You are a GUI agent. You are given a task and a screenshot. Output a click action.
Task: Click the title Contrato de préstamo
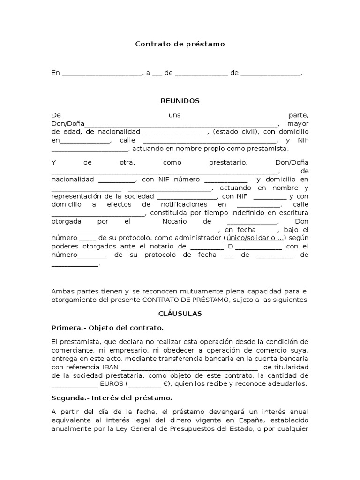click(180, 44)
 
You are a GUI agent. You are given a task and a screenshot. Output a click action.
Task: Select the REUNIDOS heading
click(180, 101)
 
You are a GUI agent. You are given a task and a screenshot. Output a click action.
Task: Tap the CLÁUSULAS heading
click(180, 313)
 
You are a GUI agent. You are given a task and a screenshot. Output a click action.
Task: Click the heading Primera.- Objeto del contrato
click(107, 327)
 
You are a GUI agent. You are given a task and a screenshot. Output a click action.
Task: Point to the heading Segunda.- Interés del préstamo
click(112, 398)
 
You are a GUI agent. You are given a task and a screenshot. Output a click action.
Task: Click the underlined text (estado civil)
click(236, 132)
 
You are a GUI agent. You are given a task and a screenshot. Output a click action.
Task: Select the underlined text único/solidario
click(255, 238)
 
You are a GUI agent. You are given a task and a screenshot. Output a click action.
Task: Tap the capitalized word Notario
click(174, 221)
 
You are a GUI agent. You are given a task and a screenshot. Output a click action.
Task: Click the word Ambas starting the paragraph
click(62, 291)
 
